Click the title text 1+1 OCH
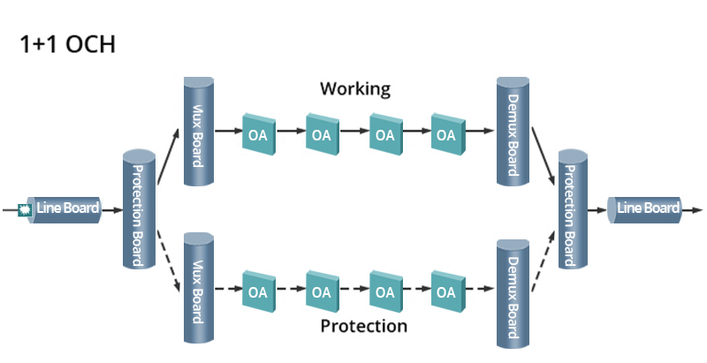[x=67, y=43]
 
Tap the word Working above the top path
[x=354, y=89]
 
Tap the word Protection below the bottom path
[x=363, y=326]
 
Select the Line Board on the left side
[x=66, y=209]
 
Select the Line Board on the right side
[x=647, y=208]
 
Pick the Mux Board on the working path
[x=199, y=132]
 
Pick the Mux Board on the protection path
[x=199, y=288]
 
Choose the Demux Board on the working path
[x=513, y=132]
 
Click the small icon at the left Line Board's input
[x=26, y=210]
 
